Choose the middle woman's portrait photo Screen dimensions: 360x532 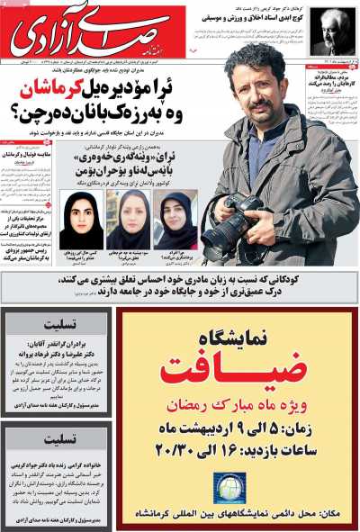tap(128, 220)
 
